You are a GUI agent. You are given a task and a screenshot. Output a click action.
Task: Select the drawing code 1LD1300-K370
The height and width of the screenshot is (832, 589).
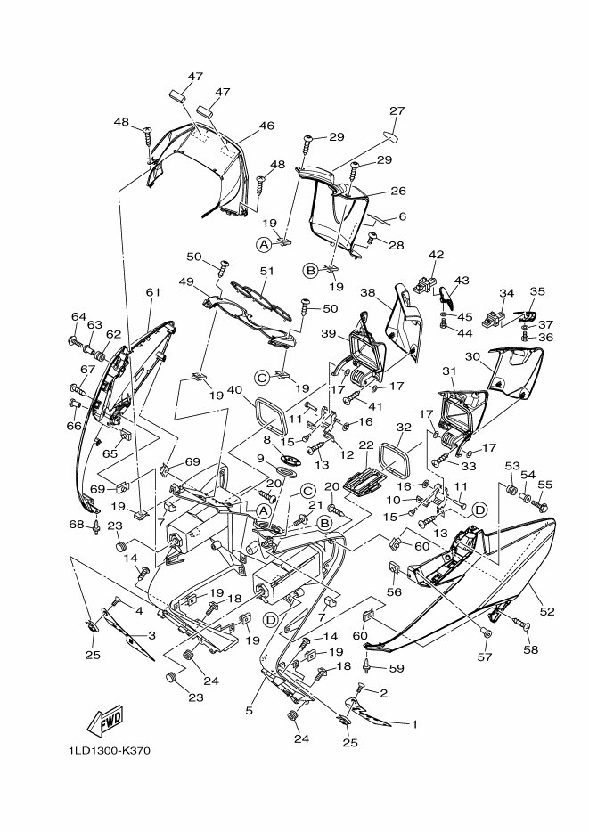pyautogui.click(x=110, y=751)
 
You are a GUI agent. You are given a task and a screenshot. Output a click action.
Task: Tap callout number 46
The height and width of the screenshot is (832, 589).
pyautogui.click(x=267, y=126)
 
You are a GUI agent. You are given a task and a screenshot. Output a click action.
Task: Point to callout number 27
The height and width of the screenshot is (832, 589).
pyautogui.click(x=397, y=110)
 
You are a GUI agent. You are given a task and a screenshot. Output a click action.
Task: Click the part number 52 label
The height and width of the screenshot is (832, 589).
pyautogui.click(x=547, y=611)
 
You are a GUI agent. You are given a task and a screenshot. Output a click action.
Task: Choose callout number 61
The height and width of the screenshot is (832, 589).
pyautogui.click(x=153, y=292)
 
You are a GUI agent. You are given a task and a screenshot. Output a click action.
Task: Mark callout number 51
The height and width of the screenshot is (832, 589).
pyautogui.click(x=267, y=271)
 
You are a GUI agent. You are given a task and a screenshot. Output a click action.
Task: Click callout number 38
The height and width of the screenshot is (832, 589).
pyautogui.click(x=368, y=292)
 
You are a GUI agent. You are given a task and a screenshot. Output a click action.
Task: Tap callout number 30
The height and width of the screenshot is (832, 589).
pyautogui.click(x=472, y=356)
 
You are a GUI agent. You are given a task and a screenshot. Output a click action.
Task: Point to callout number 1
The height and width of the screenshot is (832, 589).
pyautogui.click(x=414, y=723)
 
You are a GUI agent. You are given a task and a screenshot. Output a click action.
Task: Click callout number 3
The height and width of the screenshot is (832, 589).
pyautogui.click(x=151, y=635)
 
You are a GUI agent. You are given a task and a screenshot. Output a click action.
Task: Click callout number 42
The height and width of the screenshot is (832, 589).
pyautogui.click(x=436, y=255)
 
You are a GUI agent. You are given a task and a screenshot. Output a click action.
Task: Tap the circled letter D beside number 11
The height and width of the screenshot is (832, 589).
pyautogui.click(x=479, y=510)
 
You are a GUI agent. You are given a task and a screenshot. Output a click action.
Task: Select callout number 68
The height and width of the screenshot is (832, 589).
pyautogui.click(x=77, y=525)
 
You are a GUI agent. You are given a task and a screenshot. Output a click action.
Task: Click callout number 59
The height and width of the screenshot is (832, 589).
pyautogui.click(x=397, y=668)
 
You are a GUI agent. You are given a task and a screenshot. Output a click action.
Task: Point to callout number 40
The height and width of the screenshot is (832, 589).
pyautogui.click(x=234, y=390)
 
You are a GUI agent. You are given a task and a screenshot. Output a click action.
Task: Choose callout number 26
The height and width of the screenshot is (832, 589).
pyautogui.click(x=398, y=191)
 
